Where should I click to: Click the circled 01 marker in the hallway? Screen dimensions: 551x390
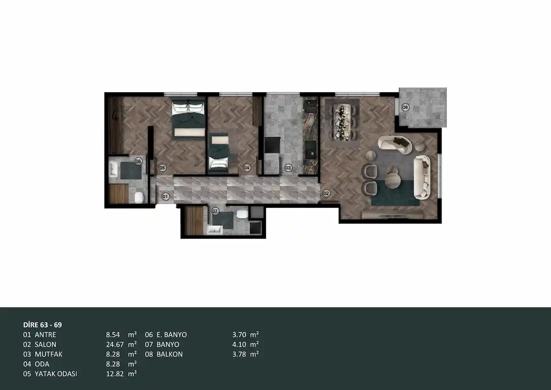(x=166, y=196)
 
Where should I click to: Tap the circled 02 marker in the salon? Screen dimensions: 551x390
(x=326, y=193)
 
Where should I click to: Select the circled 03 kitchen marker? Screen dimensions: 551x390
(x=288, y=168)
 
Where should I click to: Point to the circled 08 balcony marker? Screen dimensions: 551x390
(x=405, y=107)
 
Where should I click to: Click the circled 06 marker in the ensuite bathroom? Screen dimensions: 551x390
(x=138, y=161)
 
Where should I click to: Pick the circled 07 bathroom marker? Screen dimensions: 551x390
(x=215, y=211)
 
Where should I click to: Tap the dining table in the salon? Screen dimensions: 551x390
(x=342, y=122)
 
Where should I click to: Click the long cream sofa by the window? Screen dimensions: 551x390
(x=422, y=177)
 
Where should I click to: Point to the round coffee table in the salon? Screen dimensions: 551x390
(x=392, y=180)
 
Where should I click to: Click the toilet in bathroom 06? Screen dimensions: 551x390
(x=139, y=197)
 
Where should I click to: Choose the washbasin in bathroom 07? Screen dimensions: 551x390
(x=215, y=230)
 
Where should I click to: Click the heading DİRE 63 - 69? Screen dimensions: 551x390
(x=42, y=325)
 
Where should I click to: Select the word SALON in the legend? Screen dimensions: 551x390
(x=45, y=345)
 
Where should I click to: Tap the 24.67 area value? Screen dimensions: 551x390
(x=115, y=345)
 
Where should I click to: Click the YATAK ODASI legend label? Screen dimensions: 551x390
(x=56, y=374)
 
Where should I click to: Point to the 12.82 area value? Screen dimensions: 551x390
(x=115, y=374)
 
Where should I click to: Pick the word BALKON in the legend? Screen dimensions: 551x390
(x=170, y=354)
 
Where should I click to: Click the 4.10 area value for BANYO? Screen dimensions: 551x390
(x=239, y=345)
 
